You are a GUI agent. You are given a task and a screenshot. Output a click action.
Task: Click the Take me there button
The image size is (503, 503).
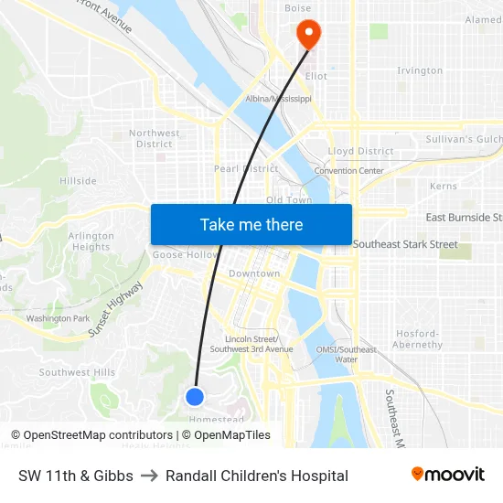pyautogui.click(x=251, y=224)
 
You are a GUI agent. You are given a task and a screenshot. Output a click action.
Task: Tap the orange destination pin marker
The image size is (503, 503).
pyautogui.click(x=308, y=35)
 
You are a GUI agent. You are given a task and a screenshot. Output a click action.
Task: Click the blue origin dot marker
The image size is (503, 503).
pyautogui.click(x=194, y=396)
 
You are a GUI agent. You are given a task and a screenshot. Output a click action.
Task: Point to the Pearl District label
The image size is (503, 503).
pyautogui.click(x=246, y=169)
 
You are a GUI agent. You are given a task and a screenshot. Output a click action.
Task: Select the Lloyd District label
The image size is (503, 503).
pyautogui.click(x=360, y=151)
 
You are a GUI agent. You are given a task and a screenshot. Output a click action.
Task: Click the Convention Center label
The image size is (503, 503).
pyautogui.click(x=348, y=171)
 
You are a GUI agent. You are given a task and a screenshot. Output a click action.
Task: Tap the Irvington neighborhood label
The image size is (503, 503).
pyautogui.click(x=420, y=70)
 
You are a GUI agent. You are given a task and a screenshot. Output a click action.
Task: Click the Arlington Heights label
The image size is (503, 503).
pyautogui.click(x=91, y=241)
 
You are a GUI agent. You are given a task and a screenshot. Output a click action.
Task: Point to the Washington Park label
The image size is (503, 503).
pyautogui.click(x=58, y=318)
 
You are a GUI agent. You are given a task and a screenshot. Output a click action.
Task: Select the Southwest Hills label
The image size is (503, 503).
pyautogui.click(x=77, y=372)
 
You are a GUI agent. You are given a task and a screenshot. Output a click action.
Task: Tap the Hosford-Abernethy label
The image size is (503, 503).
pyautogui.click(x=417, y=339)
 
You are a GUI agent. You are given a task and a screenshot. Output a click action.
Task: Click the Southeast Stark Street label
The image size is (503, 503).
pyautogui.click(x=405, y=244)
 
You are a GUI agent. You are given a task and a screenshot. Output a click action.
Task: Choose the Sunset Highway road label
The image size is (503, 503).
pyautogui.click(x=116, y=310)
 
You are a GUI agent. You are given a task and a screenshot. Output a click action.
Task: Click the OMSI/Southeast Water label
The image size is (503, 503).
pyautogui.click(x=346, y=354)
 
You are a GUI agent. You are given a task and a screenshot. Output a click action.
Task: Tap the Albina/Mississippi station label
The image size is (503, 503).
pyautogui.click(x=279, y=99)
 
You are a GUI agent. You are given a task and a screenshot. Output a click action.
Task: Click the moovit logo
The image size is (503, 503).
pyautogui.click(x=448, y=475)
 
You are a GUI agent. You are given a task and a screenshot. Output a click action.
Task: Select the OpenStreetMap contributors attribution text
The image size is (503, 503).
pyautogui.click(x=91, y=435)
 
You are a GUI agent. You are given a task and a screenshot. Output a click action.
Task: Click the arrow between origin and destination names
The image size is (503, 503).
pyautogui.click(x=149, y=476)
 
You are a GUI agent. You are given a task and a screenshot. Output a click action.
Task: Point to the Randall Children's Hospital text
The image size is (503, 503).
pyautogui.click(x=257, y=476)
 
